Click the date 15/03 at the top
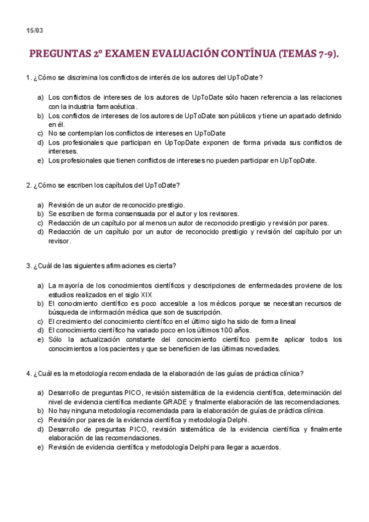(x=34, y=30)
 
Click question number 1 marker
(x=28, y=78)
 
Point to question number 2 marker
(x=28, y=185)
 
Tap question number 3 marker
(x=28, y=266)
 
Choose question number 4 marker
(x=28, y=373)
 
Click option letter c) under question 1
(x=41, y=133)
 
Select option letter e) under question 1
(x=41, y=161)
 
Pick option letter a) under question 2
(x=41, y=205)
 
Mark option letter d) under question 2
(x=41, y=232)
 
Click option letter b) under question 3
(x=41, y=303)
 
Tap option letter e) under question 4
(x=41, y=448)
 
